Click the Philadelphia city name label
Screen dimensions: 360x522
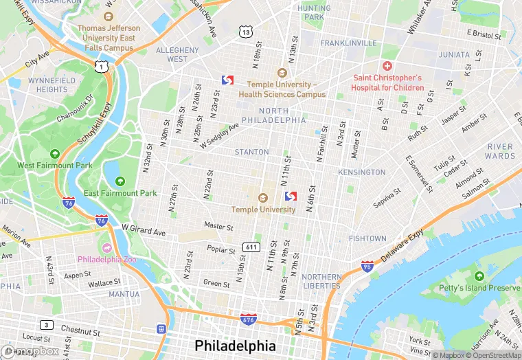coord(236,345)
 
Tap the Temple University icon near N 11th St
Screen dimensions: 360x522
coord(262,198)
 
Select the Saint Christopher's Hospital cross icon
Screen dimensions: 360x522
coord(387,66)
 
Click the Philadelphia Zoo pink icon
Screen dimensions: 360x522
coord(106,247)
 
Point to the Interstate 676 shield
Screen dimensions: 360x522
coord(249,319)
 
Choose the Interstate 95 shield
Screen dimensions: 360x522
coord(367,266)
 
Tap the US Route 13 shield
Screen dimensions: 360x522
coord(245,32)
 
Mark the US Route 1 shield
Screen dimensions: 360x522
coord(102,66)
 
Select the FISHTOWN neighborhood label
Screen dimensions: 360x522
coord(367,238)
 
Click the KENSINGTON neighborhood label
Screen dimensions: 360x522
coord(362,172)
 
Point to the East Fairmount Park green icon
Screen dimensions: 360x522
coord(120,181)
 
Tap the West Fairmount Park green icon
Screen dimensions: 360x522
coord(54,154)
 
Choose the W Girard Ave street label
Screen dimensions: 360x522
coord(144,228)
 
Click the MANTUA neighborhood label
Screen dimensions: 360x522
coord(124,294)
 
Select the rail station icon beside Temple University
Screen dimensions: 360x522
coord(290,196)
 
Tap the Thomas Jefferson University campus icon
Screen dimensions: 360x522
coord(109,16)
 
